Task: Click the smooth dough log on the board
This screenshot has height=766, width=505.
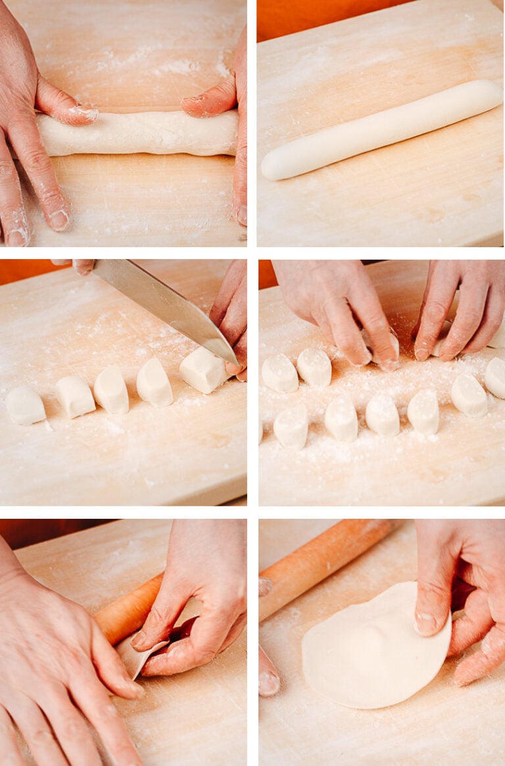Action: pos(381,130)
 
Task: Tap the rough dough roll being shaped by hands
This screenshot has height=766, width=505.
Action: pos(138,133)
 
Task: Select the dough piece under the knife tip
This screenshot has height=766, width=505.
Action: pos(203,370)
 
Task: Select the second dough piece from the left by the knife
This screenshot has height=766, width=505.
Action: pos(74,396)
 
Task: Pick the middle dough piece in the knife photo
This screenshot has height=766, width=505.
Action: pos(111,389)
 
